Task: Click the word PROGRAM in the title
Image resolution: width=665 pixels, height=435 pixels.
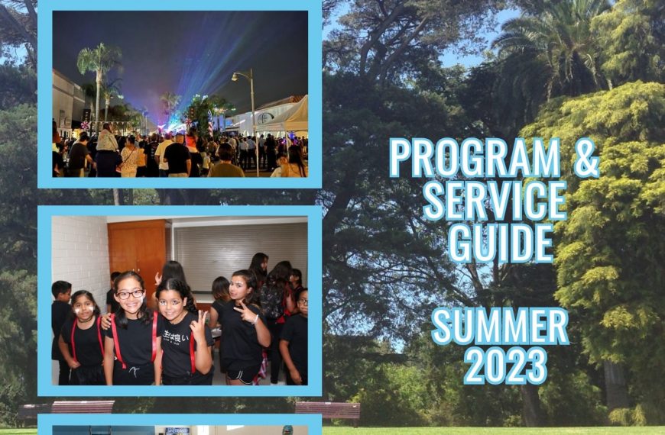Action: (475, 157)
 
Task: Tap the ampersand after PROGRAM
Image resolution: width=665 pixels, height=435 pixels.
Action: (587, 157)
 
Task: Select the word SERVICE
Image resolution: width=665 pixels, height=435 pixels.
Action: (495, 201)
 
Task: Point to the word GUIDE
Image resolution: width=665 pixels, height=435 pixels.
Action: (501, 243)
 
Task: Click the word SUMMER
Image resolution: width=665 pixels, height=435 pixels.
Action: (500, 326)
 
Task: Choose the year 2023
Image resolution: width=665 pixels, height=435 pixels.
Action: (505, 365)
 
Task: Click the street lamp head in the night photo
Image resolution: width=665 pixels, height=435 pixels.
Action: (235, 76)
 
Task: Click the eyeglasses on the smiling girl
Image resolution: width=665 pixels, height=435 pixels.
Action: (131, 295)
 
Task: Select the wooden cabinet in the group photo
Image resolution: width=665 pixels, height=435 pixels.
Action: (137, 255)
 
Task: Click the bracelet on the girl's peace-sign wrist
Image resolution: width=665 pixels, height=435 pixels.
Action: (257, 320)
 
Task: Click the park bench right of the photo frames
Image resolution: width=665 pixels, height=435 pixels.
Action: (327, 410)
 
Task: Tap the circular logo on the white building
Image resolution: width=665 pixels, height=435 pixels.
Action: (265, 118)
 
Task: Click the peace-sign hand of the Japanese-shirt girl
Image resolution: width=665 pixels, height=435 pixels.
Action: (198, 322)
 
